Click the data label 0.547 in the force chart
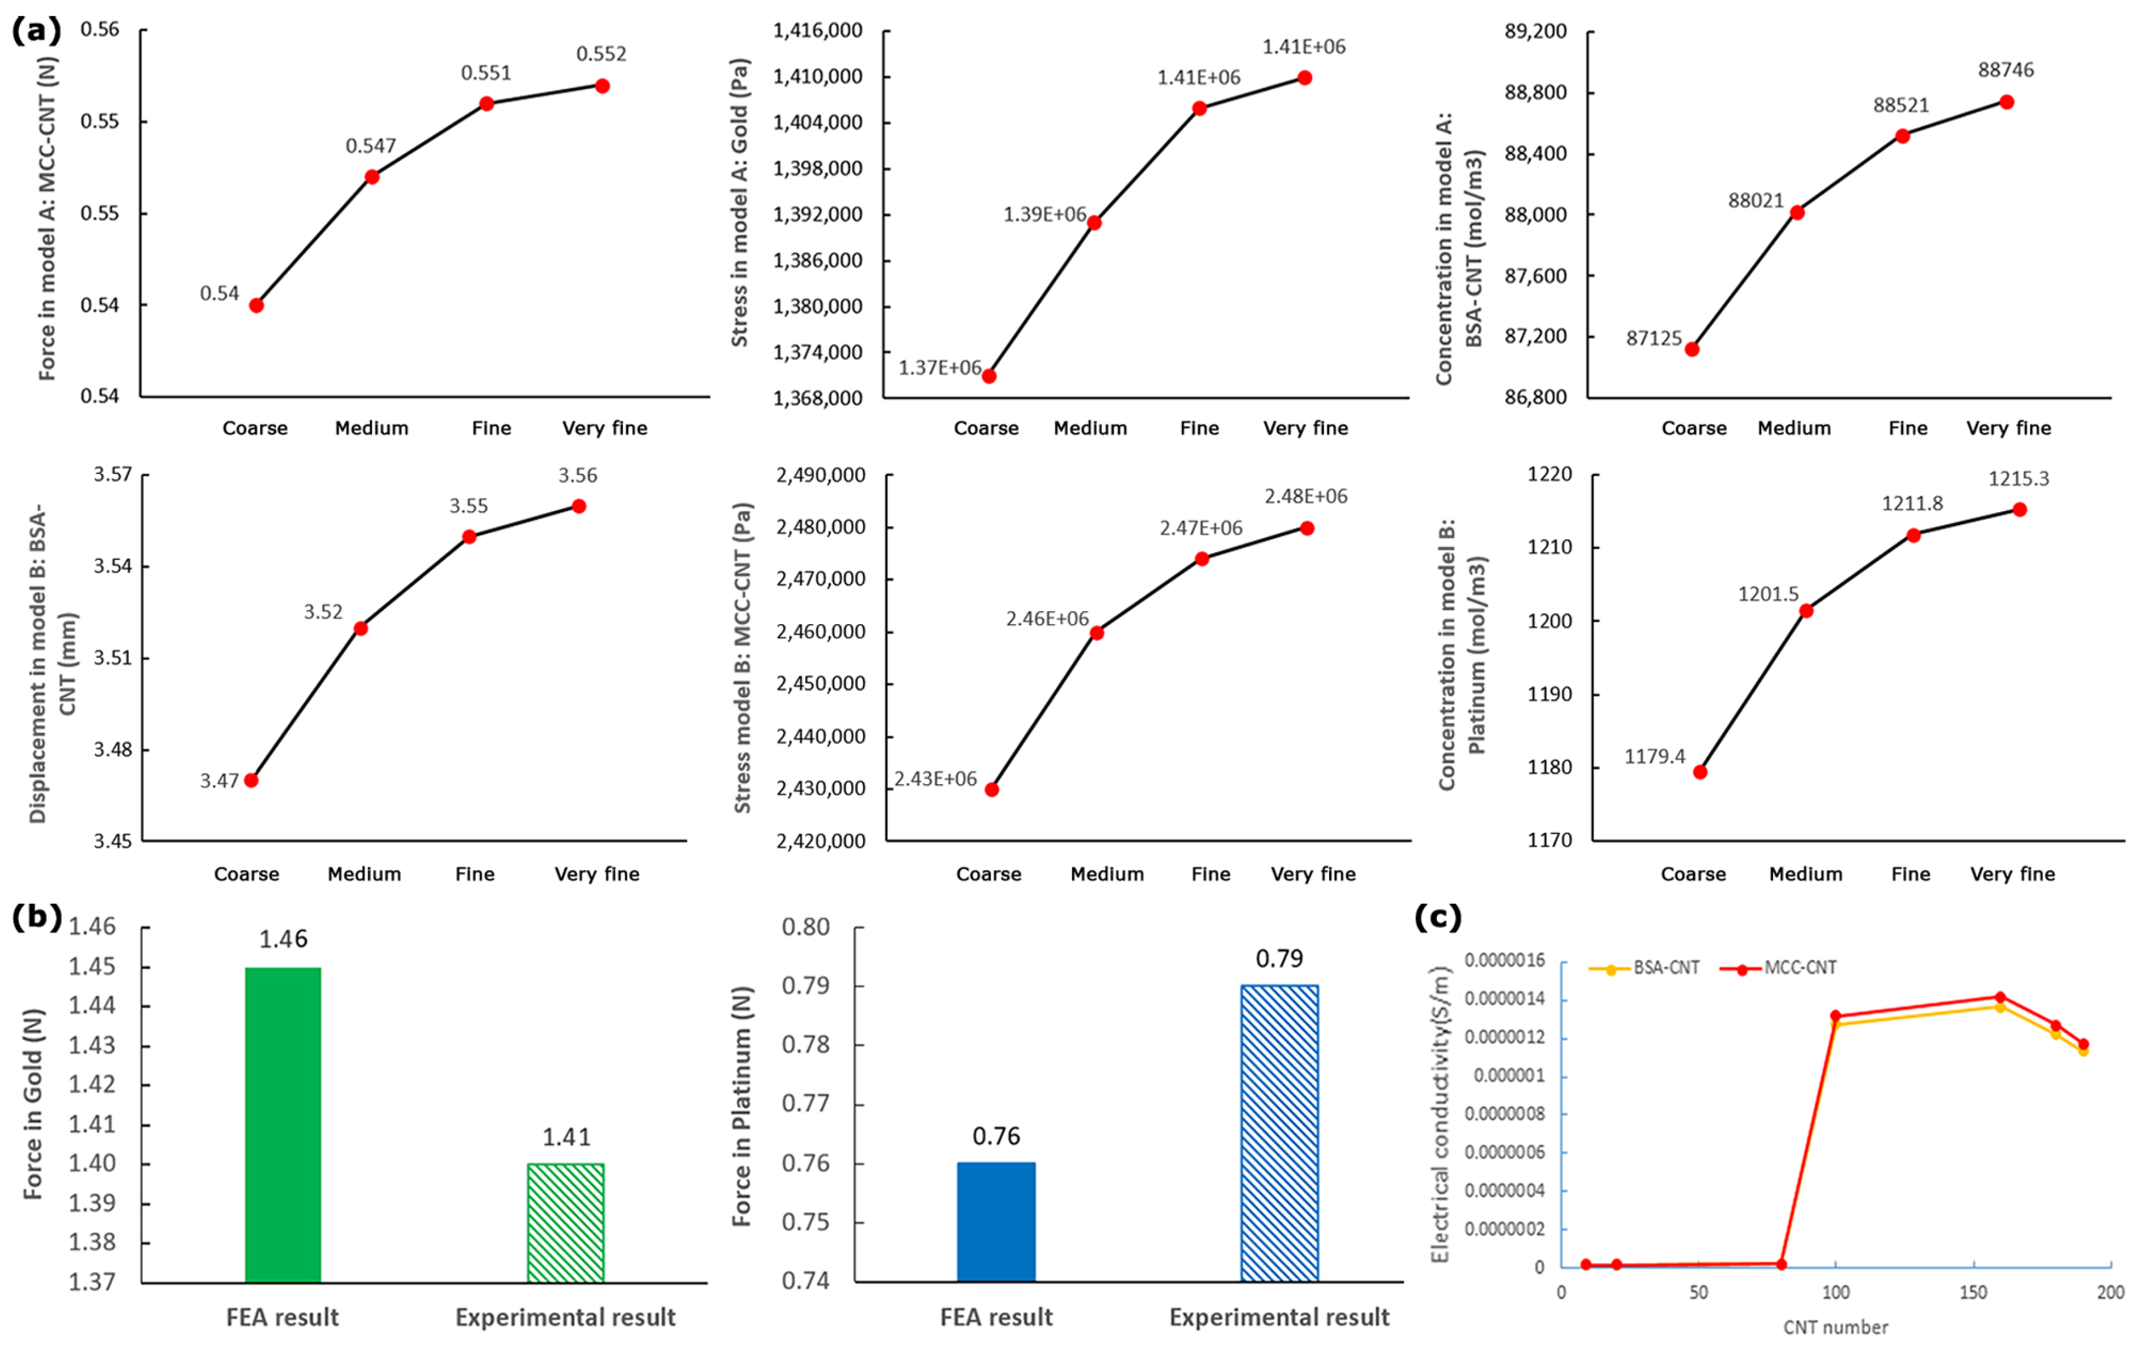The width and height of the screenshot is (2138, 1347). tap(370, 145)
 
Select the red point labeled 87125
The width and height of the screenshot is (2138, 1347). tap(1692, 349)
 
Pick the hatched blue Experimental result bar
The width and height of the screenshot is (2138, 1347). tap(1279, 1133)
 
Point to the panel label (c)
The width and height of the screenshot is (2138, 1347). tap(1437, 917)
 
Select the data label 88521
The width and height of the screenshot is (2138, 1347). tap(1901, 105)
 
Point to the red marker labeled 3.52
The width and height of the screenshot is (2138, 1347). tap(360, 628)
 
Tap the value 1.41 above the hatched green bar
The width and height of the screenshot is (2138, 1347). tap(566, 1137)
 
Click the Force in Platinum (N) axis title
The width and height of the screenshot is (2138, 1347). tap(742, 1106)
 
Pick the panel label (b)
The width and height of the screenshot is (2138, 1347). tap(36, 917)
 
